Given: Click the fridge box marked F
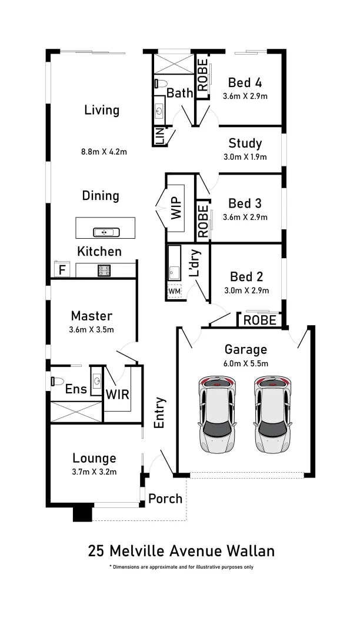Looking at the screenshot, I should point(62,270).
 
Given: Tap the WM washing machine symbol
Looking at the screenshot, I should point(175,290).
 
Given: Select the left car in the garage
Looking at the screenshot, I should point(218,414).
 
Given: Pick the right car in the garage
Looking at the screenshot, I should point(274,414).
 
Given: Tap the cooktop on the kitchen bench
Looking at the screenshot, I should point(105,270).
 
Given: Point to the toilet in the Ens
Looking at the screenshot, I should point(56,381).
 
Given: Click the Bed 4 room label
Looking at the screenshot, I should point(245,83).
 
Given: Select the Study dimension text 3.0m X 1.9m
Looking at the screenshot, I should point(245,157).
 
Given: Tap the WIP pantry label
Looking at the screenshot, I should point(177,208).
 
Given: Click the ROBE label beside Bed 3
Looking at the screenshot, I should point(203,220).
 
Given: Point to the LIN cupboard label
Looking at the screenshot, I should point(159,137).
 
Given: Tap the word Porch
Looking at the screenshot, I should point(165,499).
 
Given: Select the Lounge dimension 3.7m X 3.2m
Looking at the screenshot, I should point(94,472).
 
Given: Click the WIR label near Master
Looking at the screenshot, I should point(118,393).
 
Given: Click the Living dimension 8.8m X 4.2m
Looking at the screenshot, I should point(104,152).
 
